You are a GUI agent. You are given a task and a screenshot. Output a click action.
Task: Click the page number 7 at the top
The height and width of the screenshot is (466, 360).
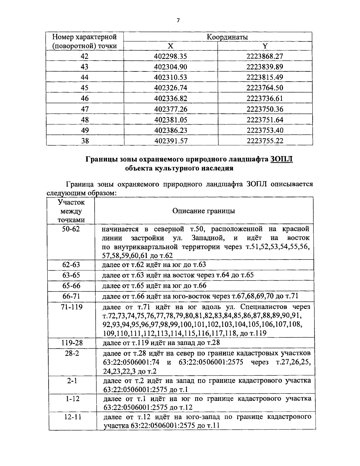click(178, 20)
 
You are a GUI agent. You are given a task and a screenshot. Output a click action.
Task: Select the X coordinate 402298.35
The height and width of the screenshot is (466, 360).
click(171, 56)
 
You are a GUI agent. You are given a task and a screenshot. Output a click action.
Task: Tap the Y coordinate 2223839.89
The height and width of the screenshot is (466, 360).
click(265, 67)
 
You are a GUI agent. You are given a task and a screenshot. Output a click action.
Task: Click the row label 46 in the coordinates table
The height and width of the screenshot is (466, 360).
click(85, 98)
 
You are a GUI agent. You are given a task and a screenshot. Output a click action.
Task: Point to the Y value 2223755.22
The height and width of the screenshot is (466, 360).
click(265, 141)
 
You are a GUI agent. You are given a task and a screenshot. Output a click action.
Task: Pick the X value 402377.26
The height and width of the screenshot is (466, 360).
click(171, 109)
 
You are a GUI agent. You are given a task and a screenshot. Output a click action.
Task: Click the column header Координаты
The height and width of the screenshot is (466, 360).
click(227, 37)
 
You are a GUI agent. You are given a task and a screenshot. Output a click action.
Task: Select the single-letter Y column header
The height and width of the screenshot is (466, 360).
click(265, 46)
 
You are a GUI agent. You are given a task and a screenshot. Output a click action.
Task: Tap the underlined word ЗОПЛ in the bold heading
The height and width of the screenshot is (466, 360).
click(281, 159)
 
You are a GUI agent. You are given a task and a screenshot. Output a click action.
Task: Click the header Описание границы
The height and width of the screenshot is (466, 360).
click(204, 211)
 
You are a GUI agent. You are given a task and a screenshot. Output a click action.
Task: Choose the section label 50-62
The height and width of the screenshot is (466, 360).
click(71, 229)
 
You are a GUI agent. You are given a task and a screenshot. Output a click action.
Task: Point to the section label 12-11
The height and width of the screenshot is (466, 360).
click(72, 417)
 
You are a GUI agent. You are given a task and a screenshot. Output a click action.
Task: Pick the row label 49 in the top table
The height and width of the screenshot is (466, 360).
click(85, 130)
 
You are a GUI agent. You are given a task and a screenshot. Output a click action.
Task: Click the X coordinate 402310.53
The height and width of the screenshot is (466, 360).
click(171, 77)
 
